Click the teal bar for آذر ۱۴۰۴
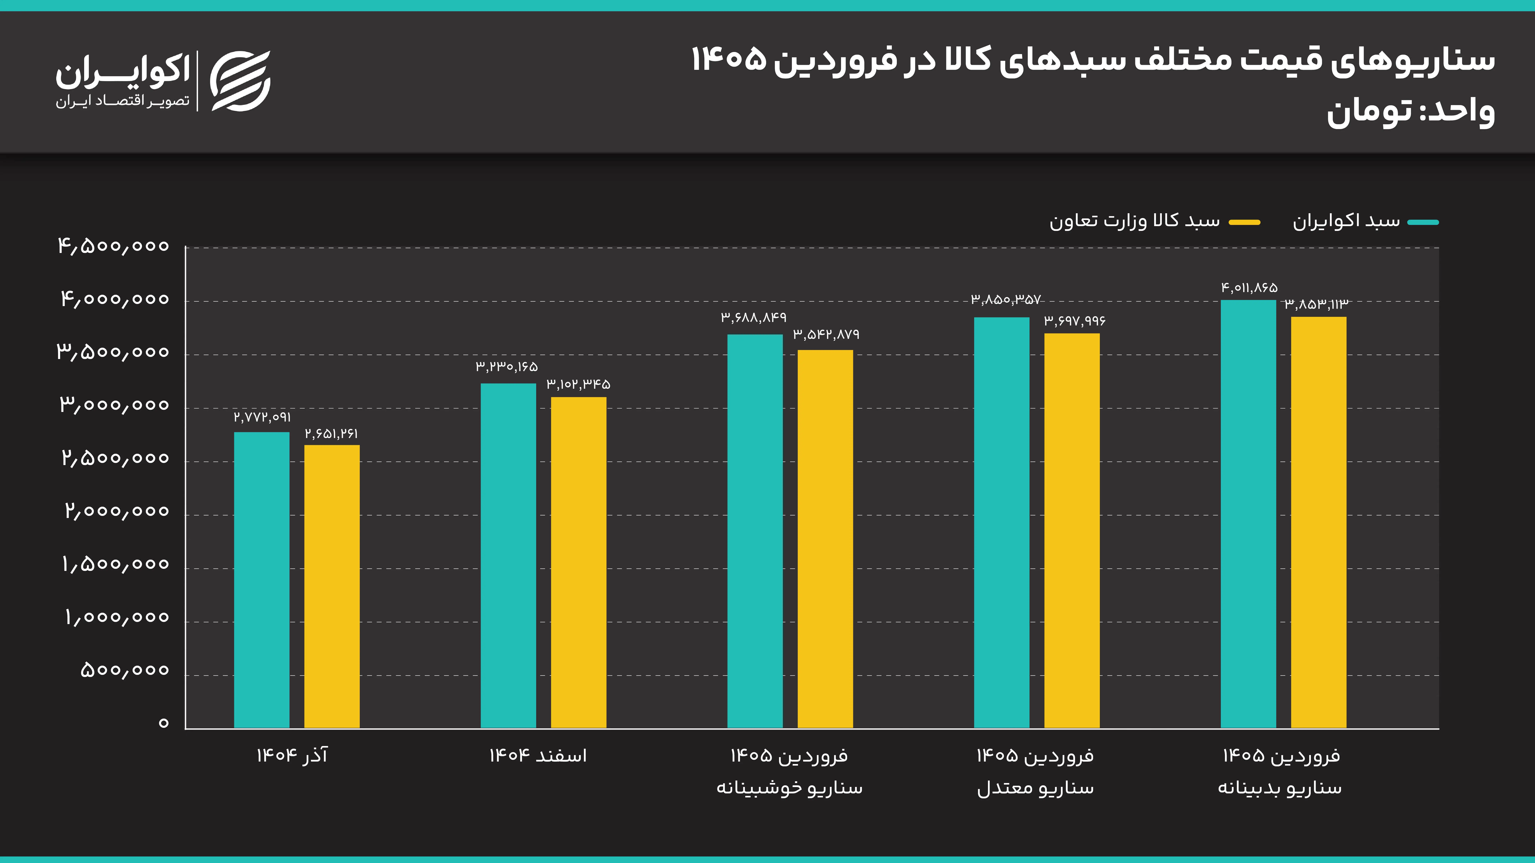click(x=262, y=580)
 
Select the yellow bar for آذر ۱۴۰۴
click(x=332, y=586)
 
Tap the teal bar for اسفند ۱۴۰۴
click(x=508, y=555)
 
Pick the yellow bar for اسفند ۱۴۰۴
click(x=579, y=562)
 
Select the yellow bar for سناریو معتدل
click(x=1072, y=530)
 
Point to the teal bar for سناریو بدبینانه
click(x=1248, y=513)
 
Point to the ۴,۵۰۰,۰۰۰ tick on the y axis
click(x=113, y=246)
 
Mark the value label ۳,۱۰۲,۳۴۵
click(x=579, y=384)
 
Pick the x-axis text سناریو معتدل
click(x=1035, y=788)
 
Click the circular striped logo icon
click(x=240, y=81)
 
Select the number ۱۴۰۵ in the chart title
click(x=728, y=60)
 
